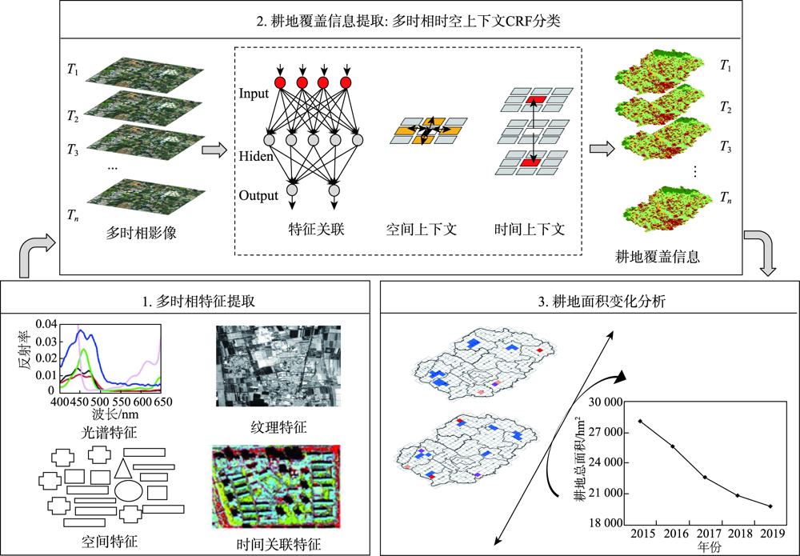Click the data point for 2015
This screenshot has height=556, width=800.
(x=639, y=421)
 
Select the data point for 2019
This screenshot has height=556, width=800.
(x=770, y=506)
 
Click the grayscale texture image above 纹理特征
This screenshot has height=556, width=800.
(x=278, y=366)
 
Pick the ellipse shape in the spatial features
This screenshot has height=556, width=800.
(x=129, y=490)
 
